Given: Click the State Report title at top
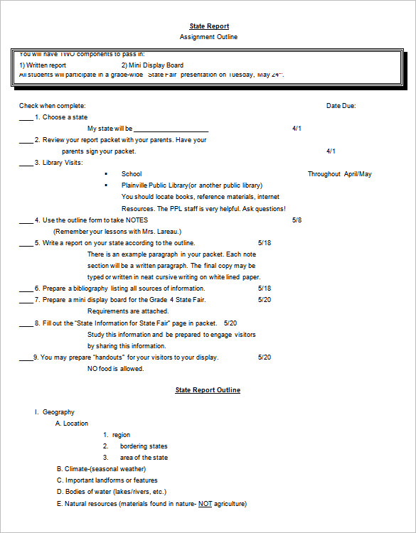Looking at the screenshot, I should (x=208, y=26).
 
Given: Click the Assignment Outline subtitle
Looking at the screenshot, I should (x=208, y=37).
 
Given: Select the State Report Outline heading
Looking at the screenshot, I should (x=208, y=390).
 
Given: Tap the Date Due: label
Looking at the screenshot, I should (x=341, y=106).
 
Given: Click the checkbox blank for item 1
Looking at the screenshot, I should (x=26, y=118).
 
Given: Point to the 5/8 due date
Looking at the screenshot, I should (x=297, y=220).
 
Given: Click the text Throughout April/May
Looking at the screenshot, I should (x=339, y=174).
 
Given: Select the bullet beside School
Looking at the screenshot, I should (x=106, y=174).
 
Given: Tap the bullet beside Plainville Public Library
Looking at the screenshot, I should (x=106, y=185).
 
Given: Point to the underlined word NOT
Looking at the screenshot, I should (x=205, y=503).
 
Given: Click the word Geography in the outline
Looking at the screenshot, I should (x=58, y=412).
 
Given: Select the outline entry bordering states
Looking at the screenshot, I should (x=144, y=446).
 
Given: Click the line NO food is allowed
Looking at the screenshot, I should (x=115, y=369).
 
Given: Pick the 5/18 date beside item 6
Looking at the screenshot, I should (x=265, y=289).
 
